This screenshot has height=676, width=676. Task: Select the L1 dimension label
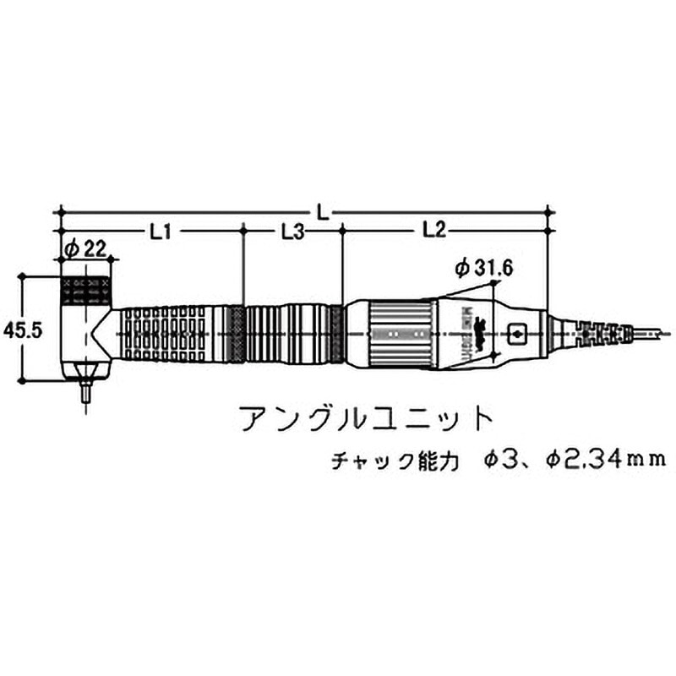pyautogui.click(x=161, y=230)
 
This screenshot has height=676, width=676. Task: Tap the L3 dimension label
pyautogui.click(x=292, y=230)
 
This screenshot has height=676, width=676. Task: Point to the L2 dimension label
pyautogui.click(x=433, y=229)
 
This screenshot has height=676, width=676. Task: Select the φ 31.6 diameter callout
pyautogui.click(x=483, y=269)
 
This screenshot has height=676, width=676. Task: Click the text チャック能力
pyautogui.click(x=395, y=461)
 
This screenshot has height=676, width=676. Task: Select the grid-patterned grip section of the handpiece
pyautogui.click(x=165, y=335)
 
